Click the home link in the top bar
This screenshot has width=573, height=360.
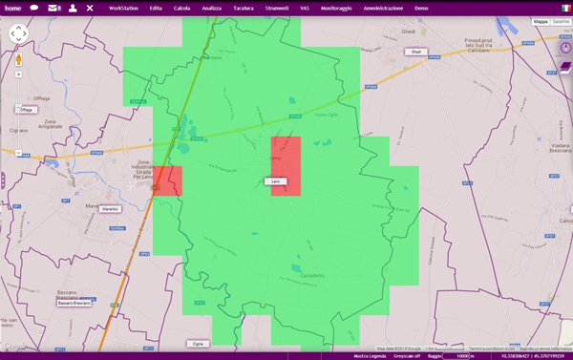pos(12,7)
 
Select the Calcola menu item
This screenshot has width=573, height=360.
pos(181,8)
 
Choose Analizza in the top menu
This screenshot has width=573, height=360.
pos(211,8)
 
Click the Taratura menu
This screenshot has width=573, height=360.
pos(244,8)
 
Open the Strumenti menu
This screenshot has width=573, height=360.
pos(277,8)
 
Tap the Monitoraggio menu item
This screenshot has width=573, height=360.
pos(334,8)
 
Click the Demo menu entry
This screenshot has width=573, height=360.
pos(421,8)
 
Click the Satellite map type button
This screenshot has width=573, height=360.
pos(561,21)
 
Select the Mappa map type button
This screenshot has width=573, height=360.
pos(541,21)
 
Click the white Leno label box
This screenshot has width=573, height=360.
pos(274,181)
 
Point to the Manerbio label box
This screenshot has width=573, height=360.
pos(110,208)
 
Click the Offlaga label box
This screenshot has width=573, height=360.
pos(26,110)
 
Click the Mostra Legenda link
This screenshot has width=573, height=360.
pos(370,355)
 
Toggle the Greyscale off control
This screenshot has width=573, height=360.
pos(409,355)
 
